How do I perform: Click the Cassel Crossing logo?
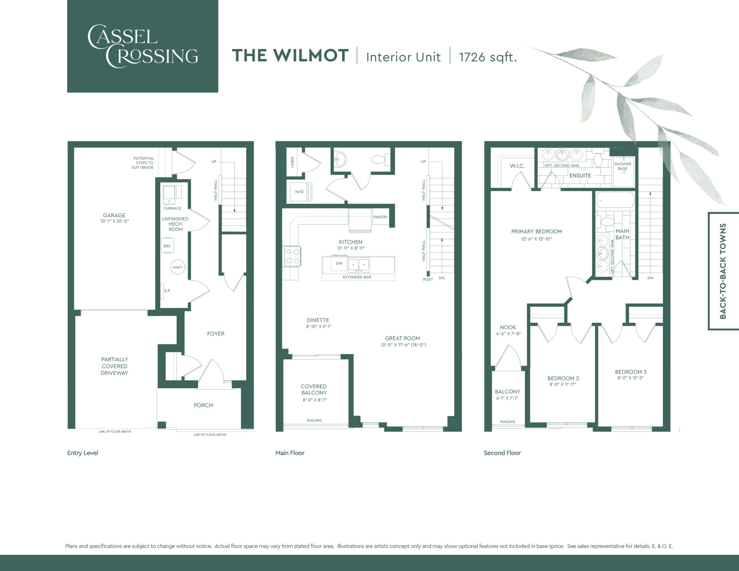[143, 46]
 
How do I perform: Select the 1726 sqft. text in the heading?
[487, 57]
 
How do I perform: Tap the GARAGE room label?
[114, 215]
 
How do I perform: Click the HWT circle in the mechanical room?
[178, 267]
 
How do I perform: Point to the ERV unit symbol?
[167, 246]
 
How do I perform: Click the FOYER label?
[215, 334]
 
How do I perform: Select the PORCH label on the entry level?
[203, 405]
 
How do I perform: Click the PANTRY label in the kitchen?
[381, 217]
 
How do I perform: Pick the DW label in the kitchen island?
[339, 263]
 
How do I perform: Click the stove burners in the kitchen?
[292, 256]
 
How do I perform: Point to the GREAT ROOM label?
[402, 338]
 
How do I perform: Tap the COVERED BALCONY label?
[314, 390]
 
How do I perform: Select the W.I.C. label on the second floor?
[517, 166]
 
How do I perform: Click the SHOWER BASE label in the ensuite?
[622, 166]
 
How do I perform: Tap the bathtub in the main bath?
[615, 200]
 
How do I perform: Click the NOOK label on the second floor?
[508, 328]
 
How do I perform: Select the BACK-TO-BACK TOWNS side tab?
[723, 271]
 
